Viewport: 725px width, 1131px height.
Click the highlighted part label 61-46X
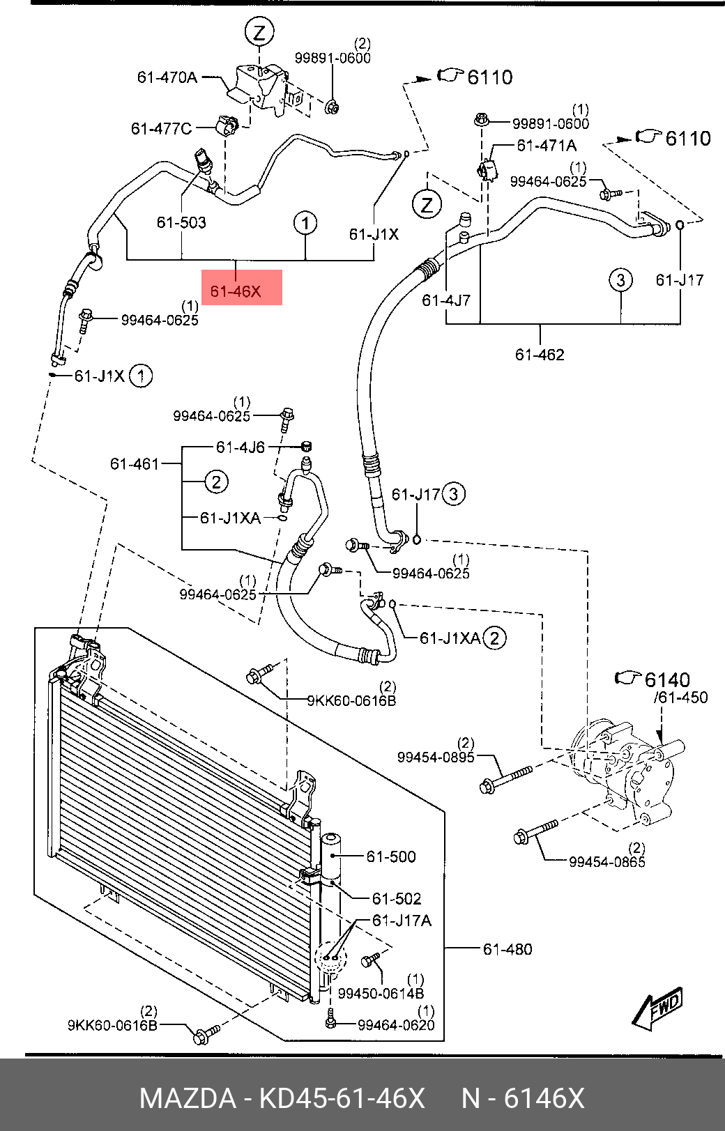pyautogui.click(x=236, y=291)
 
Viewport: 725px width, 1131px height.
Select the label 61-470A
pyautogui.click(x=167, y=77)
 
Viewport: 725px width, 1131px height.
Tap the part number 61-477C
pyautogui.click(x=161, y=129)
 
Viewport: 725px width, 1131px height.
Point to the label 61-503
pyautogui.click(x=181, y=222)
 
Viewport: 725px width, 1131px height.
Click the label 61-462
pyautogui.click(x=540, y=355)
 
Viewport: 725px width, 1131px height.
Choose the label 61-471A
pyautogui.click(x=546, y=146)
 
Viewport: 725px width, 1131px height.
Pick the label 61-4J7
pyautogui.click(x=446, y=300)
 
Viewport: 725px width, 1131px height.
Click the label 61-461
pyautogui.click(x=135, y=463)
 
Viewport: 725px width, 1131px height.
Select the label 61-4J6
pyautogui.click(x=240, y=447)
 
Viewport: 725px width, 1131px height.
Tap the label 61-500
pyautogui.click(x=391, y=856)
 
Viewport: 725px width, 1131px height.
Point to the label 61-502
pyautogui.click(x=397, y=898)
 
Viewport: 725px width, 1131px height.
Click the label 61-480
pyautogui.click(x=507, y=949)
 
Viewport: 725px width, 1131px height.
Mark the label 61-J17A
pyautogui.click(x=402, y=921)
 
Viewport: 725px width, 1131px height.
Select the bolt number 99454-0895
pyautogui.click(x=436, y=757)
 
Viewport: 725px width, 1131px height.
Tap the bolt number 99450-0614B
pyautogui.click(x=381, y=993)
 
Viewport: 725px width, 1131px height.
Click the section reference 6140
pyautogui.click(x=667, y=679)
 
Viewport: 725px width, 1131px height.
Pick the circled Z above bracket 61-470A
pyautogui.click(x=259, y=33)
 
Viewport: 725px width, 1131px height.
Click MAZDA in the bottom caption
pyautogui.click(x=188, y=1098)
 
